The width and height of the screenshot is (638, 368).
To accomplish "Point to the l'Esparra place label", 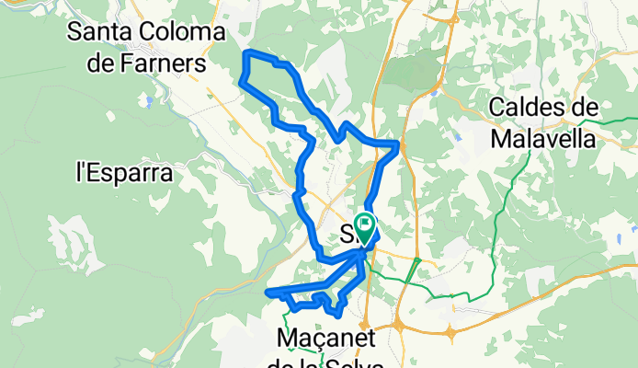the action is (123, 170).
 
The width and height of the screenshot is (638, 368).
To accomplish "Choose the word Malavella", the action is (543, 139).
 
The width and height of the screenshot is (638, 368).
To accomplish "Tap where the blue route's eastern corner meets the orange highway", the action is (399, 144).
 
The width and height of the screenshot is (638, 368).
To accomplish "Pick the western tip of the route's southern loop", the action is (268, 293).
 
